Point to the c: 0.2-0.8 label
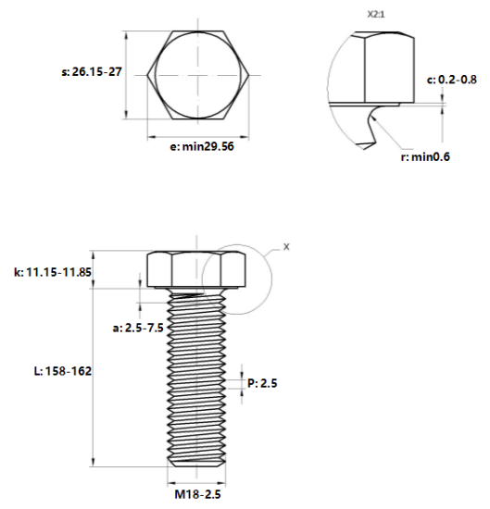click(453, 81)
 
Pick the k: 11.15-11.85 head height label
click(53, 272)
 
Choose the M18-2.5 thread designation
click(195, 494)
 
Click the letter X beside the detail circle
click(286, 247)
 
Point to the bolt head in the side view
click(195, 267)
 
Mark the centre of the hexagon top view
click(195, 74)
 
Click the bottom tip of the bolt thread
click(195, 465)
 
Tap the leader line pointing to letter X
click(272, 252)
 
